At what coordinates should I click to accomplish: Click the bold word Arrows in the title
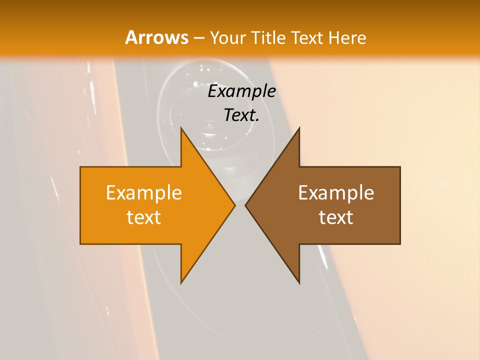tap(156, 37)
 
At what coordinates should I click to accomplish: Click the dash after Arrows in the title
tap(198, 38)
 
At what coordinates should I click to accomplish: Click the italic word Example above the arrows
tap(241, 91)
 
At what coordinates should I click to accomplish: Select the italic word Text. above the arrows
tap(241, 115)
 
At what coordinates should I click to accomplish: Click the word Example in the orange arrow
tap(144, 193)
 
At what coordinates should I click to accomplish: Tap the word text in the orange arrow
tap(144, 217)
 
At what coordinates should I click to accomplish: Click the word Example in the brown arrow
tap(336, 193)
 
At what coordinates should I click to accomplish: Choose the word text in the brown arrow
tap(336, 217)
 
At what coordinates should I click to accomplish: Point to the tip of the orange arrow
tap(235, 205)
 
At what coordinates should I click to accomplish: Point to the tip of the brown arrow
tap(245, 205)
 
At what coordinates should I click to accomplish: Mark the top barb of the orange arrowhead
tap(181, 128)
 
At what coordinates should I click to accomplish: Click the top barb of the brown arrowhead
tap(299, 128)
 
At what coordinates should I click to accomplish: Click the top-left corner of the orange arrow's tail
tap(80, 167)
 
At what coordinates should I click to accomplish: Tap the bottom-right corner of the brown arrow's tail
tap(400, 244)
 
